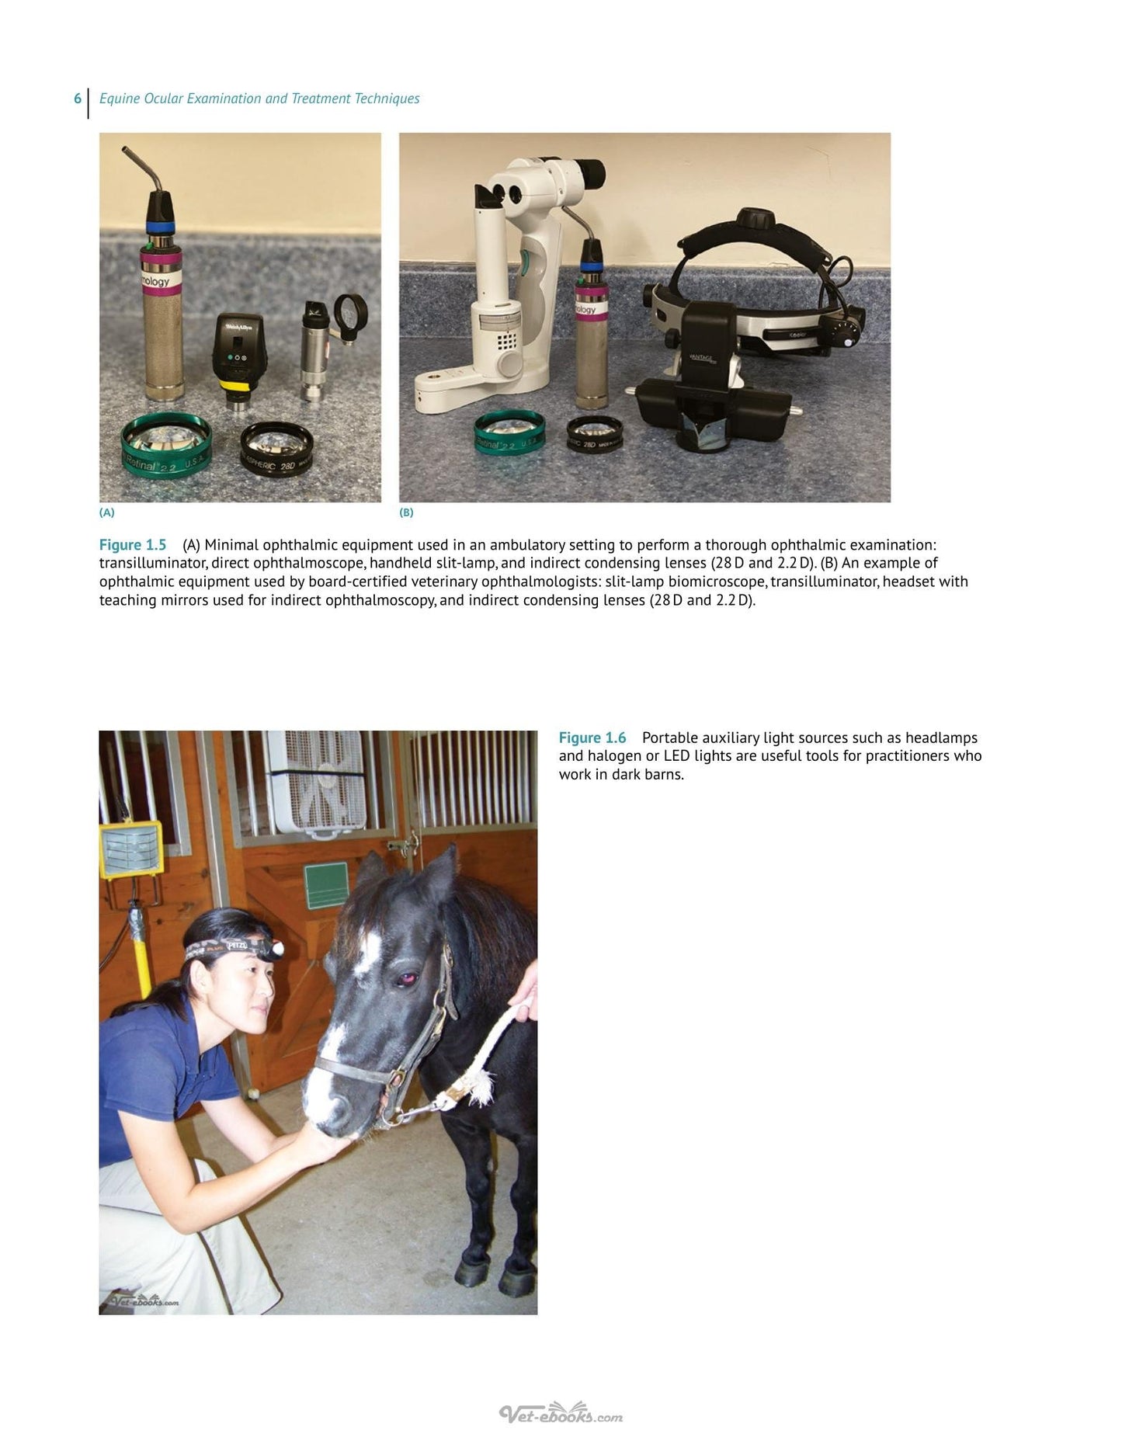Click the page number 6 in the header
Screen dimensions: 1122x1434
click(x=78, y=99)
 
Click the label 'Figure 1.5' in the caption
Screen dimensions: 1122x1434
click(x=133, y=545)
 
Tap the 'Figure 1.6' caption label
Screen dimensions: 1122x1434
click(x=592, y=738)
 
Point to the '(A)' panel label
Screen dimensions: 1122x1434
click(x=107, y=512)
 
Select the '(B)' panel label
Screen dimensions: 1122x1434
click(x=406, y=512)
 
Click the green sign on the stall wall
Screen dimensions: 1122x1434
click(x=327, y=886)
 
